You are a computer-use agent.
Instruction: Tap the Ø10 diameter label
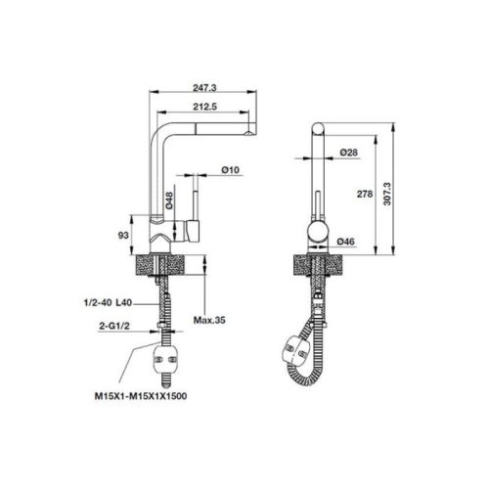232,170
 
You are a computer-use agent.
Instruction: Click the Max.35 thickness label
210,320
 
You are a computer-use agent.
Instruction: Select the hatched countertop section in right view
318,266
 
